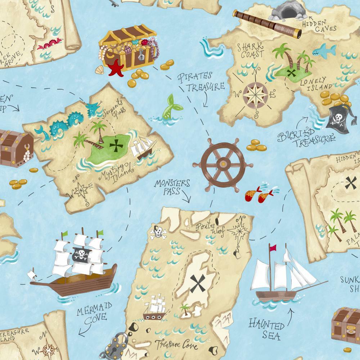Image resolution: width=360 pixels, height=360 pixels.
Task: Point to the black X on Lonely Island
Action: click(293, 73)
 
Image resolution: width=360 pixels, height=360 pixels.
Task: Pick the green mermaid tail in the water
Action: click(170, 107)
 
